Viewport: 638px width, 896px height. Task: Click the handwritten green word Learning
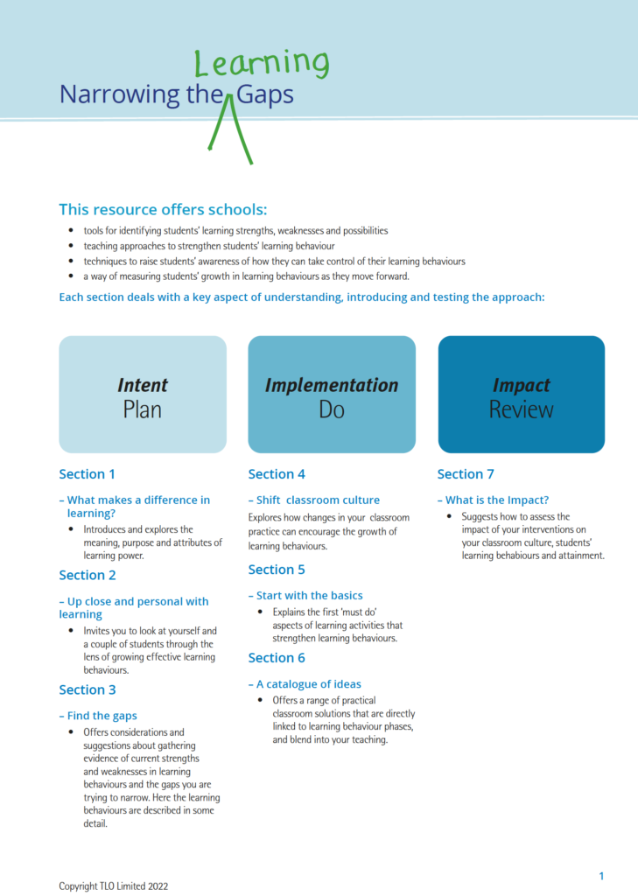261,64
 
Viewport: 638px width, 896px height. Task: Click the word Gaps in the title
264,94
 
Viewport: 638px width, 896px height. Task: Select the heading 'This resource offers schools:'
163,209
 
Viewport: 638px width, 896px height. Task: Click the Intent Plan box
143,395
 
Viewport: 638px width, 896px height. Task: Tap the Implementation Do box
332,395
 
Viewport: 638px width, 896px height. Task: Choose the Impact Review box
521,395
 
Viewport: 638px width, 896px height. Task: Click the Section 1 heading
88,474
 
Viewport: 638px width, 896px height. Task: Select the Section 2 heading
88,575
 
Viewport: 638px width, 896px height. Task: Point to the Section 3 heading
88,689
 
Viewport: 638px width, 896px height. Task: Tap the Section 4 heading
277,474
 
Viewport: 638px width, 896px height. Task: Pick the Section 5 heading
277,570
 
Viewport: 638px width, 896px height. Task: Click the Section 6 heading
277,658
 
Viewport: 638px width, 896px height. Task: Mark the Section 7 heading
466,474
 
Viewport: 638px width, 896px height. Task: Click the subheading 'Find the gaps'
102,716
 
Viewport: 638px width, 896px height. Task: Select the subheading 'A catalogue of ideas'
308,684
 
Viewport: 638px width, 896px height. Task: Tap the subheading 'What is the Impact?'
496,500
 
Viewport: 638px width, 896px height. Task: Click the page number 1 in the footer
601,876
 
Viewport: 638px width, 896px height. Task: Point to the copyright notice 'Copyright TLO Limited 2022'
113,885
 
